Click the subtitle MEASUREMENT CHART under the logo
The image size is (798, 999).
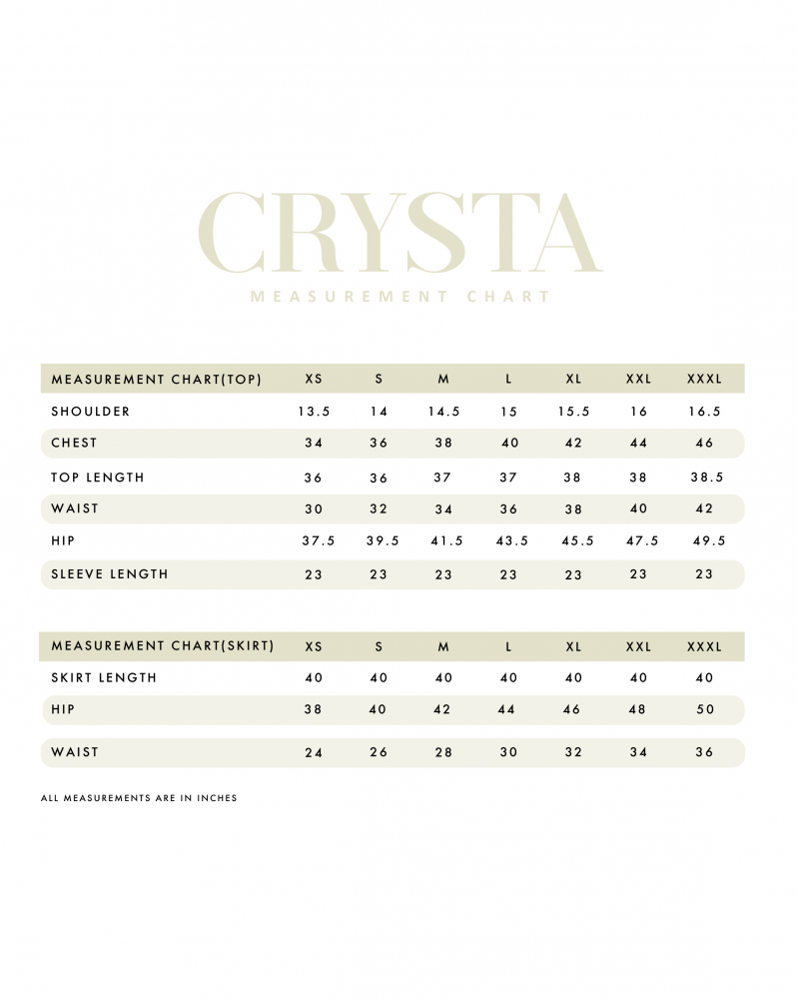click(x=399, y=297)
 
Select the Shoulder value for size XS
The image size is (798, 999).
click(x=314, y=412)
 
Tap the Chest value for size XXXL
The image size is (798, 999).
click(x=704, y=444)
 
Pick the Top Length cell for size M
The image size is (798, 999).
click(x=443, y=478)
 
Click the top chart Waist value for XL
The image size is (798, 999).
click(x=573, y=508)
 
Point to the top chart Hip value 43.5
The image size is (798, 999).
click(x=508, y=540)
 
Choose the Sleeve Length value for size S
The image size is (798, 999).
click(x=379, y=574)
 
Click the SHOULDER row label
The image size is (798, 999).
click(x=91, y=412)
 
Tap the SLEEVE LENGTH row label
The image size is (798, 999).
click(x=110, y=574)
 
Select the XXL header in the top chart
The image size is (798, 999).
click(x=638, y=380)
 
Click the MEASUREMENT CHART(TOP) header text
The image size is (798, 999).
click(x=157, y=380)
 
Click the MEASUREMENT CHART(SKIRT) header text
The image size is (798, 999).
click(x=163, y=646)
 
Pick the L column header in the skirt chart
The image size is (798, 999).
click(x=508, y=647)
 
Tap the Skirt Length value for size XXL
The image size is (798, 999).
click(x=638, y=678)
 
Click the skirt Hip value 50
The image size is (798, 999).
click(x=704, y=709)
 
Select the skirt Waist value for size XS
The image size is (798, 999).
click(x=314, y=752)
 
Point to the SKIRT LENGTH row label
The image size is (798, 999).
click(x=104, y=678)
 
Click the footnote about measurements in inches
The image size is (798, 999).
click(x=139, y=798)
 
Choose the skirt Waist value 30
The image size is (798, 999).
click(x=508, y=752)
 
